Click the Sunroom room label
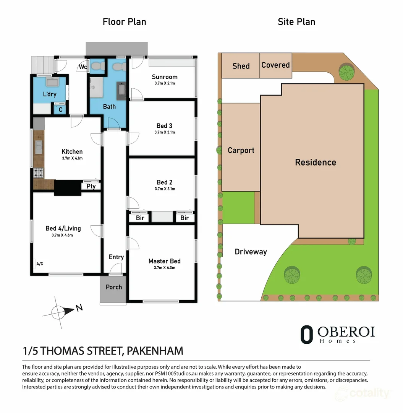pos(164,77)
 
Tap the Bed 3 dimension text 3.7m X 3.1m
pos(164,132)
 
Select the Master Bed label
pos(164,261)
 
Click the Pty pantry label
pos(91,187)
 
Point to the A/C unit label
pos(39,264)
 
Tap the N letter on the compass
pos(79,308)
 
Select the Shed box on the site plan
pos(241,66)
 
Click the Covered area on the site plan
pos(275,65)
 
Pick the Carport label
pos(241,150)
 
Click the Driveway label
pos(251,252)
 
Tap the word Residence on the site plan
pos(316,162)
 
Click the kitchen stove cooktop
pos(39,173)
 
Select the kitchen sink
pos(39,145)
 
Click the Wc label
pos(83,67)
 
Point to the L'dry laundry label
pos(50,94)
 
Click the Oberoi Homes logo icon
pos(306,334)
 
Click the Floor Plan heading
pos(124,22)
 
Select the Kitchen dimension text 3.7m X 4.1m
pos(72,158)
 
